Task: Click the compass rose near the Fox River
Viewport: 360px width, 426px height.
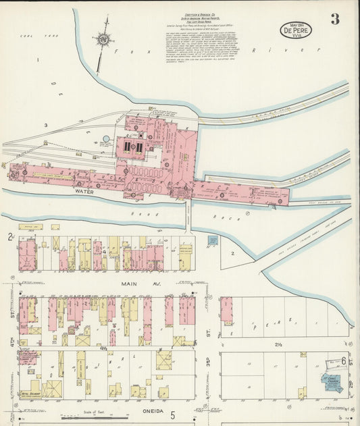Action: pos(103,40)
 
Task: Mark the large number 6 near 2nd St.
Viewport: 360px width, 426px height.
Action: pos(344,362)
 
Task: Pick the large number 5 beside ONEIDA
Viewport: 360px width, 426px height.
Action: pos(172,414)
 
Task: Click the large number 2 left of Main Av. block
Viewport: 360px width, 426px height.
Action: pos(9,237)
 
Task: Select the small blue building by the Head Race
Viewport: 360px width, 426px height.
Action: pos(213,240)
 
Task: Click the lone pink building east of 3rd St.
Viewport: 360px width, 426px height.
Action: pos(226,311)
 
